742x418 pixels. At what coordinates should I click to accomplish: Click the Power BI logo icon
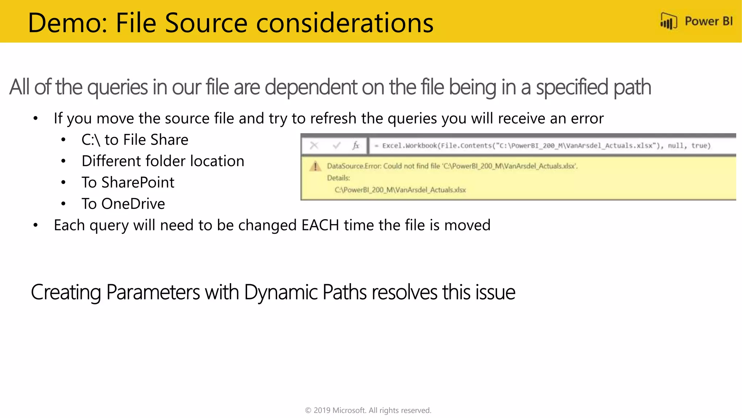click(x=668, y=21)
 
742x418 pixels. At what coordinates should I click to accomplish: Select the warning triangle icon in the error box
click(x=315, y=167)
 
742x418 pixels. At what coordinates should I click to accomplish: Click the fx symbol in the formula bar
click(x=356, y=146)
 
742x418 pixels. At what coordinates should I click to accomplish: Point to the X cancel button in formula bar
click(x=314, y=146)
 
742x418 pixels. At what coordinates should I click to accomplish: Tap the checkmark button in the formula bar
click(x=337, y=146)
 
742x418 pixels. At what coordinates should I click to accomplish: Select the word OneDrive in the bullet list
click(x=133, y=204)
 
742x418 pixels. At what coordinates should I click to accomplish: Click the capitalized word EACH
click(x=320, y=225)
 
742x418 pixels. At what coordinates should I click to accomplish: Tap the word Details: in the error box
click(x=338, y=178)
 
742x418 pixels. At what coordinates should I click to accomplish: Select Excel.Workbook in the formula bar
click(x=409, y=146)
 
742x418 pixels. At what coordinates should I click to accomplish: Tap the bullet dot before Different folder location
click(x=63, y=161)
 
